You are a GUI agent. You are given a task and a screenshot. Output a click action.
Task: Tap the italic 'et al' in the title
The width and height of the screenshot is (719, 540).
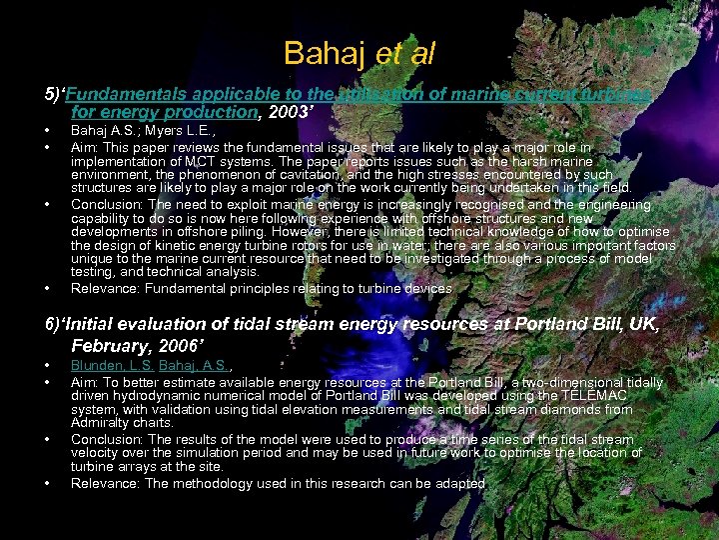tap(405, 53)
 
